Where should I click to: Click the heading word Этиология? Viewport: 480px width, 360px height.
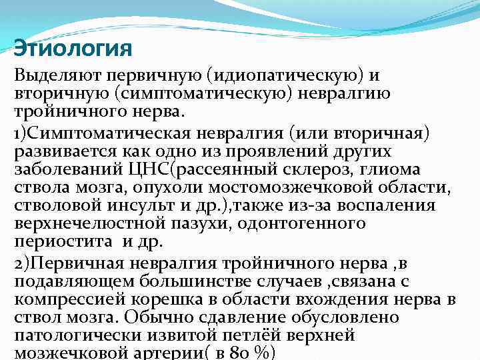73,49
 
